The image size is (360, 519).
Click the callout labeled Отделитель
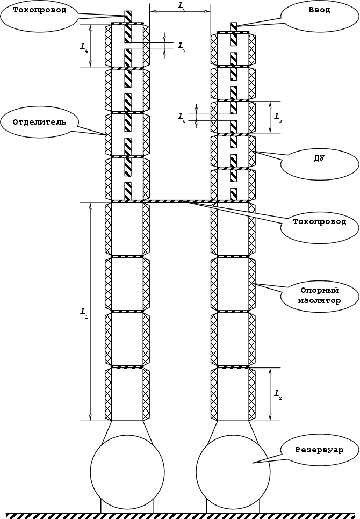(x=39, y=121)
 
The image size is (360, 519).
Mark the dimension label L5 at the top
(x=181, y=5)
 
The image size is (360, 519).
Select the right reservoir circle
(x=233, y=470)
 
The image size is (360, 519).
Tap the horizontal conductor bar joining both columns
(x=180, y=201)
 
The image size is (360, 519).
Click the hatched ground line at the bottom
(x=180, y=516)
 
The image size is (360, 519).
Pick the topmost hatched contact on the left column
(x=128, y=17)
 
